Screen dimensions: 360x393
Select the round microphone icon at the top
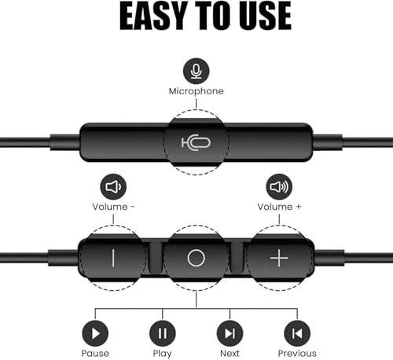(196, 72)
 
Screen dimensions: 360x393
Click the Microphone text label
(196, 91)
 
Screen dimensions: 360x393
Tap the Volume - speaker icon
(114, 187)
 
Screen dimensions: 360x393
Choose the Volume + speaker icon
(279, 187)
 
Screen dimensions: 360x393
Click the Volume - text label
(114, 207)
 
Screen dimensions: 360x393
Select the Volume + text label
(279, 207)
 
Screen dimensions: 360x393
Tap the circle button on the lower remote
(196, 257)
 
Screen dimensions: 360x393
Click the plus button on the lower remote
(279, 257)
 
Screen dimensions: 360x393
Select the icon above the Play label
(162, 333)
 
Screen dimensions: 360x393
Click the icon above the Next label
(230, 333)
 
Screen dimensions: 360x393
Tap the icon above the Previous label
(296, 333)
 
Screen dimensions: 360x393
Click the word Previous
(296, 353)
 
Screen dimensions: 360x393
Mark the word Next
(230, 353)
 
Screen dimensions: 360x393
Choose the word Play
(162, 353)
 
